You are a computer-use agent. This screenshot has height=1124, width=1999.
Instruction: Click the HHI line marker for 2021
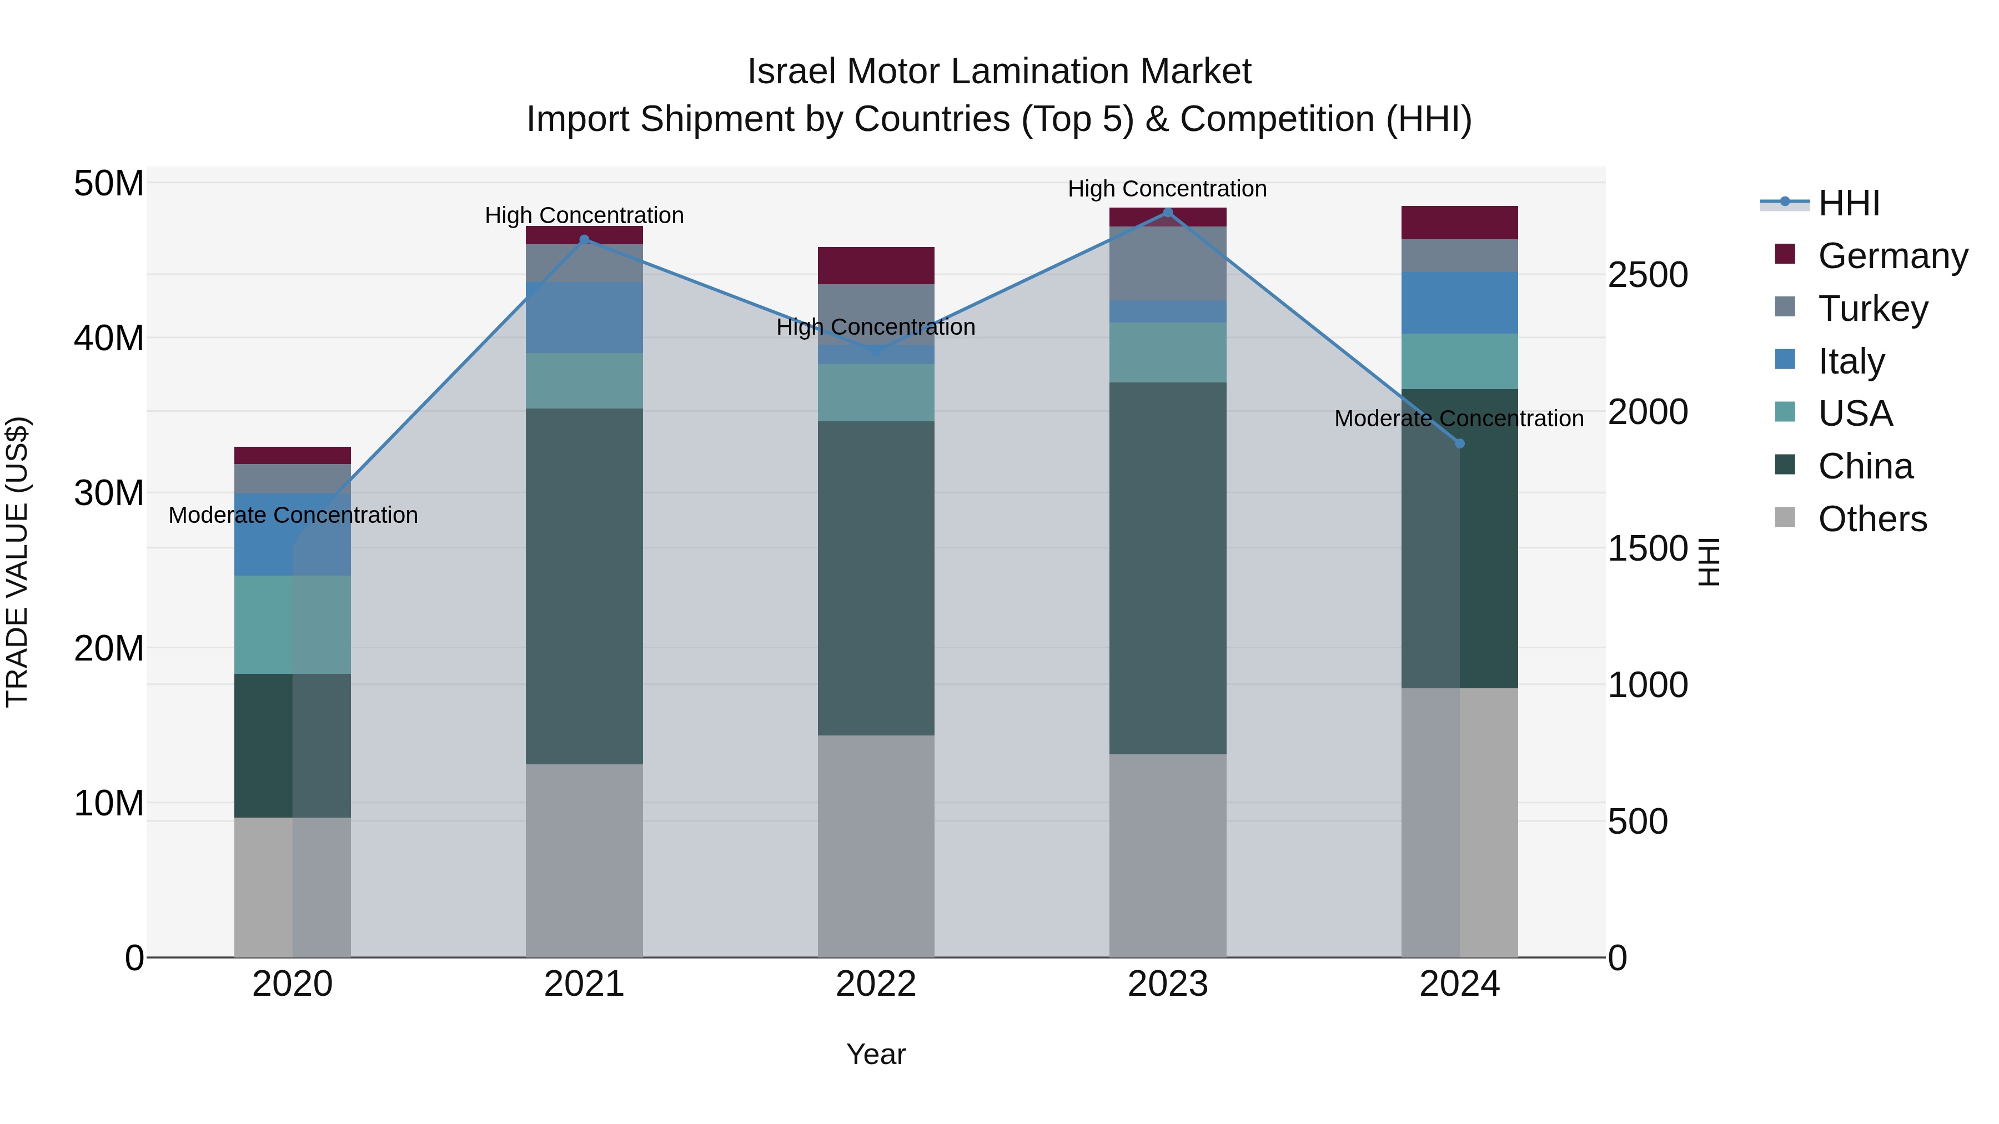(x=584, y=240)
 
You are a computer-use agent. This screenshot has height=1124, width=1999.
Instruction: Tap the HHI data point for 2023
(x=1168, y=213)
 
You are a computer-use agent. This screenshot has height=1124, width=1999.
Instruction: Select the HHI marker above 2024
(x=1460, y=443)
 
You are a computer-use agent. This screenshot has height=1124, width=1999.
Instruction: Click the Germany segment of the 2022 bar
(x=876, y=265)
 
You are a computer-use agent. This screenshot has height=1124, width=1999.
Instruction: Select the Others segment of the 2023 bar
(x=1168, y=855)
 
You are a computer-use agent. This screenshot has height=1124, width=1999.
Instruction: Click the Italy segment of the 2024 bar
(x=1460, y=303)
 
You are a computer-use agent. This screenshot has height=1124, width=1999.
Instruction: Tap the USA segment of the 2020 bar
(x=293, y=624)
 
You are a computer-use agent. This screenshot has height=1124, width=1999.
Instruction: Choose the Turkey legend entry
(x=1872, y=309)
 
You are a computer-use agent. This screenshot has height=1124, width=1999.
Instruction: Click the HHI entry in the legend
(x=1849, y=203)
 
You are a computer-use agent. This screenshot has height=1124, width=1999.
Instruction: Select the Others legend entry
(x=1872, y=519)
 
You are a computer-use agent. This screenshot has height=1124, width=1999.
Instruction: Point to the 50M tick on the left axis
(x=109, y=184)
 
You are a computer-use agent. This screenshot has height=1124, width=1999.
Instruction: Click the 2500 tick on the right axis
(x=1648, y=275)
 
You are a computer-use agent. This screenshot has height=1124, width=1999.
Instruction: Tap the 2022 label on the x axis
(x=876, y=984)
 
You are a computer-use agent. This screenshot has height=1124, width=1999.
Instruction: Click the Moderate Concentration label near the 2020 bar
(x=293, y=515)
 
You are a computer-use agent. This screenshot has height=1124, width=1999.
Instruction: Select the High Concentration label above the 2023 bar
(x=1167, y=189)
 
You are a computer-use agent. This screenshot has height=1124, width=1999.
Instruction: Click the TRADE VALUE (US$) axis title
(x=17, y=562)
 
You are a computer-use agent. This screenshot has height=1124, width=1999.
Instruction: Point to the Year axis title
(x=876, y=1054)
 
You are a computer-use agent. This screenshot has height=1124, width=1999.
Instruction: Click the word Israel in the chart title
(x=791, y=72)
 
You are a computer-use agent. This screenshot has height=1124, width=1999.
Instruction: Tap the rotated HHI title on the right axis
(x=1709, y=562)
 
